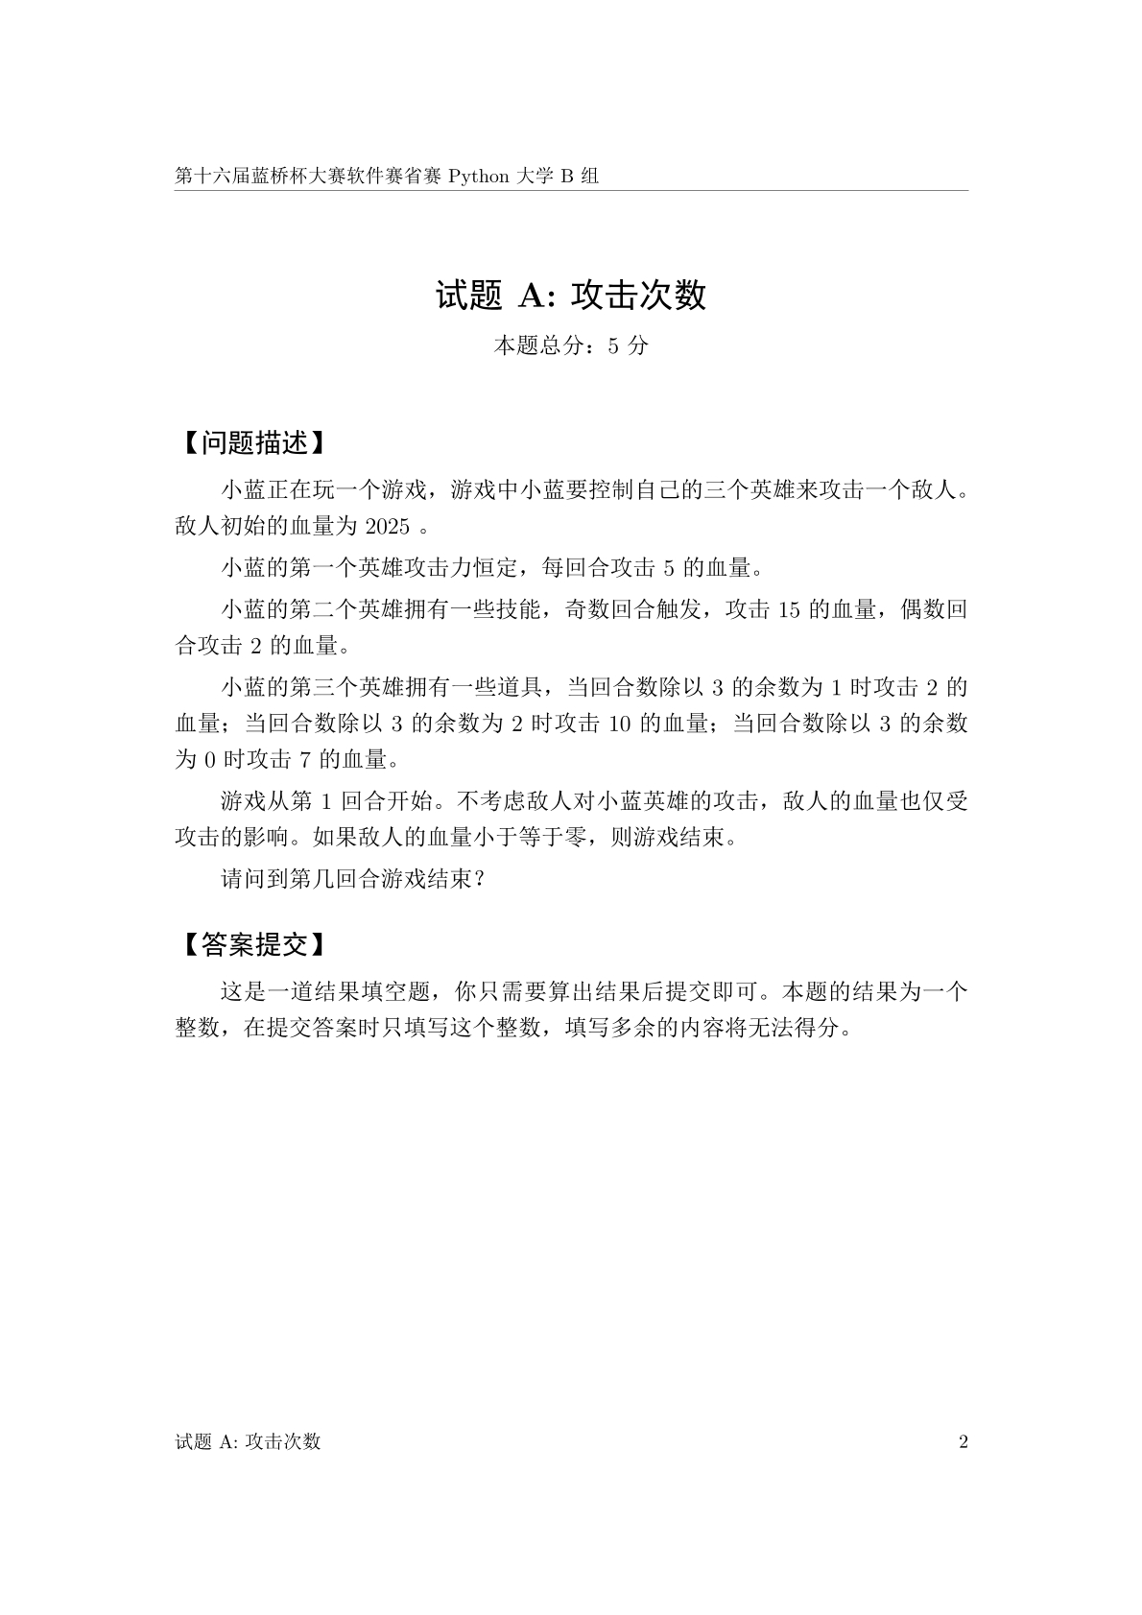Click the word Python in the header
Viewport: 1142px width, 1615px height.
480,177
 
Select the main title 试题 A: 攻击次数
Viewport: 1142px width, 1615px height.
571,296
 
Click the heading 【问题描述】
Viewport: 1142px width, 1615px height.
249,442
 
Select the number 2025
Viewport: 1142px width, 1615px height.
388,527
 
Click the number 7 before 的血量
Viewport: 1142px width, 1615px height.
305,760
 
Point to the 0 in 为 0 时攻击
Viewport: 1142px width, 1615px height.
211,760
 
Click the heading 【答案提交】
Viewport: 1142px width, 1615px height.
249,944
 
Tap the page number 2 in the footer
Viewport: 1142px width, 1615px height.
964,1441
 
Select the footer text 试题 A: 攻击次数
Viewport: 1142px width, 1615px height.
248,1441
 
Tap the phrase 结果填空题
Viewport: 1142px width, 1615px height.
369,991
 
